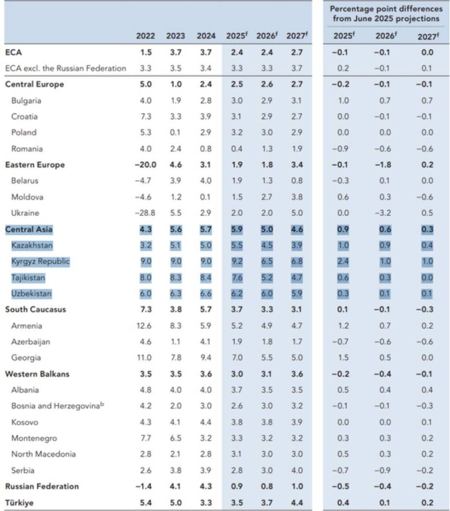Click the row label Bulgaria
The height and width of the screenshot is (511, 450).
[x=26, y=101]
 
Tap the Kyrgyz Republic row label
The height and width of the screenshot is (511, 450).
[x=40, y=261]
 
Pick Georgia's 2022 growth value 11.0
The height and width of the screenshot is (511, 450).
[x=145, y=358]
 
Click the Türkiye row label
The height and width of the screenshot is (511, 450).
[x=20, y=502]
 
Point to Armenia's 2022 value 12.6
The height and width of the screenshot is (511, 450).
[x=145, y=326]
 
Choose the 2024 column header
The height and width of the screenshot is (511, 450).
[x=206, y=36]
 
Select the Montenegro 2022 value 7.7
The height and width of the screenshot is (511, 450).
[x=145, y=438]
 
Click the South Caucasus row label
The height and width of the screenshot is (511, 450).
[x=36, y=310]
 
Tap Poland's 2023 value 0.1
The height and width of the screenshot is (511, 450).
[x=175, y=132]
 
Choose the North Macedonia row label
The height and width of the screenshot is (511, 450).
[x=44, y=454]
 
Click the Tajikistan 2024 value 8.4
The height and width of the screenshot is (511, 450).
[x=206, y=277]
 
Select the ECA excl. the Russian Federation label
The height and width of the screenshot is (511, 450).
[x=65, y=68]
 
